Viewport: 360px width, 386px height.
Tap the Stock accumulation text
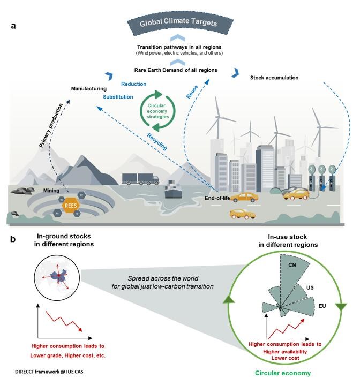pyautogui.click(x=274, y=78)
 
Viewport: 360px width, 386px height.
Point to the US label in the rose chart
pyautogui.click(x=310, y=287)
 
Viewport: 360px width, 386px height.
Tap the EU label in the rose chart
pyautogui.click(x=322, y=306)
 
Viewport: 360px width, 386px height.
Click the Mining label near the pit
pyautogui.click(x=51, y=190)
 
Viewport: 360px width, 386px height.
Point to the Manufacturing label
pyautogui.click(x=89, y=88)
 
